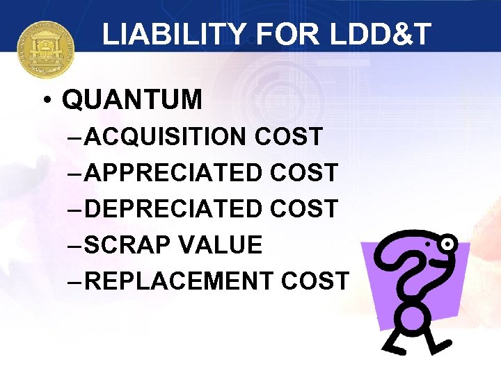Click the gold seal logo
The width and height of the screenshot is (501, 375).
coord(45,49)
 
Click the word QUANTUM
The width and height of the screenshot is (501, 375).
coord(132,101)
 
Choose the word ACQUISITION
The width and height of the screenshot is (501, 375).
coord(166,137)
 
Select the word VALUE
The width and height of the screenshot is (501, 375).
coord(221,245)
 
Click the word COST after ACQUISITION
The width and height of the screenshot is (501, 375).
coord(289,137)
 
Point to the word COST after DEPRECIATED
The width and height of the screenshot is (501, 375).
coord(304,209)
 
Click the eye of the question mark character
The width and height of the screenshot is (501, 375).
coord(447,244)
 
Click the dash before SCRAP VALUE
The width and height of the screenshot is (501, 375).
coord(76,245)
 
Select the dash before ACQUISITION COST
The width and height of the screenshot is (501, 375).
coord(76,137)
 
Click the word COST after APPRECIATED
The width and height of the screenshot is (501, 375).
coord(304,173)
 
